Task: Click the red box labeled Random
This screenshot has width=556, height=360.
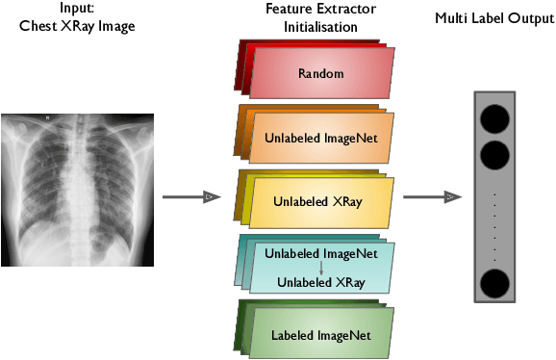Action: coord(321,74)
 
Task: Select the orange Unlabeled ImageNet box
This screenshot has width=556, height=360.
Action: coord(321,139)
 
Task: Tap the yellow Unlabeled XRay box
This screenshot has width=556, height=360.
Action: coord(321,203)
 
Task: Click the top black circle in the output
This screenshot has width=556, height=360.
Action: coord(494,119)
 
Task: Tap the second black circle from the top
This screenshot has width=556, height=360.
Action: coord(494,153)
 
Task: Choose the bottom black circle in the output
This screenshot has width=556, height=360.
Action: coord(494,284)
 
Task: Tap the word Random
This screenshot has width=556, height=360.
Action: coord(320,73)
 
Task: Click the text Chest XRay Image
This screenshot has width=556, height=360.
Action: coord(76,26)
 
